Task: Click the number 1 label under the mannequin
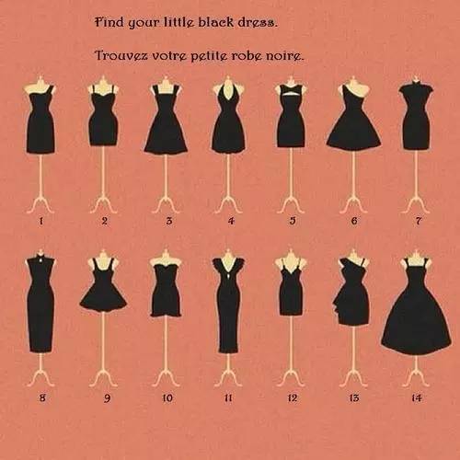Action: pos(40,221)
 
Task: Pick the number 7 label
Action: pos(418,221)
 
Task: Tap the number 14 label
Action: pos(417,398)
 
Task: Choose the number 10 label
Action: pos(167,398)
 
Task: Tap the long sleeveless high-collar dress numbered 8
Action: pos(40,304)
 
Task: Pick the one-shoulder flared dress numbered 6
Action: pos(353,122)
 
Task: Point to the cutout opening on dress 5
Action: pos(291,93)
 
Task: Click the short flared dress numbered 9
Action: pos(103,288)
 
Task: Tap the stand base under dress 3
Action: pos(166,205)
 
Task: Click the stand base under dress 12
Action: pos(291,378)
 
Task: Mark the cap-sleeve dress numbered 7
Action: pos(416,118)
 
